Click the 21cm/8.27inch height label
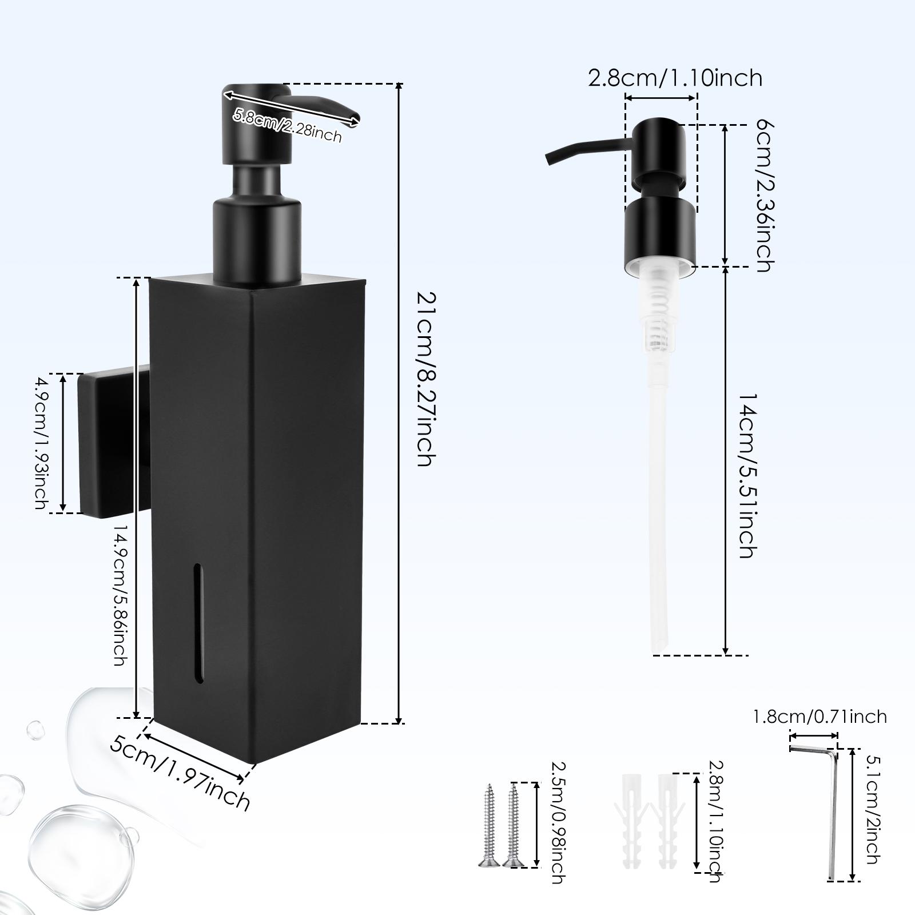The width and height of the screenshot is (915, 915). point(426,379)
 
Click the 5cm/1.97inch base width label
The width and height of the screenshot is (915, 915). point(180,766)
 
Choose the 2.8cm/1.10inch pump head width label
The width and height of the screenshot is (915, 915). point(675,78)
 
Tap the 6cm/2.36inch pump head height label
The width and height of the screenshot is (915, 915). point(763,196)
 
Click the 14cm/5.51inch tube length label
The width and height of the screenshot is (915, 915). point(746,475)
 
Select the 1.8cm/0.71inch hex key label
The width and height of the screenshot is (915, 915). point(819,717)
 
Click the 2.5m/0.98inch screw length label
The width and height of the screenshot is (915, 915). point(556,826)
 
